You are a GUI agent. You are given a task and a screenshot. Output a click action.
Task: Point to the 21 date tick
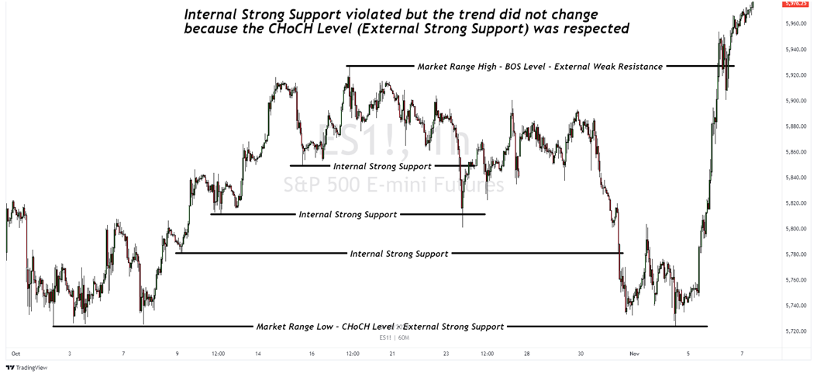coord(392,353)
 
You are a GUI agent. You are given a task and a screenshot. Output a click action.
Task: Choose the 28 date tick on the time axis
coord(527,353)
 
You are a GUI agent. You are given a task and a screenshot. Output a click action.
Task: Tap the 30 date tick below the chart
coord(581,353)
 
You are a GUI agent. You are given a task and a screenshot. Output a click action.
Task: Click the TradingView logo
coord(25,368)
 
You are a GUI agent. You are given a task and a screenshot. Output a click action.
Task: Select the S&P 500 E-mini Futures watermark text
coord(392,185)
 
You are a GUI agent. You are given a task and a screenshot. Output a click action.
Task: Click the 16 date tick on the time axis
coord(311,353)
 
